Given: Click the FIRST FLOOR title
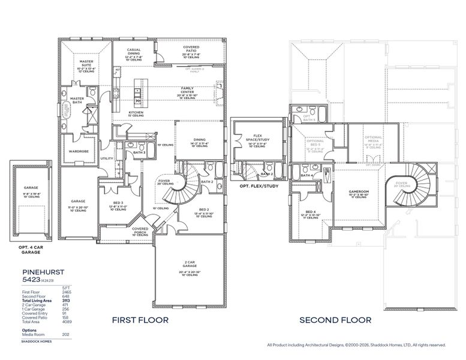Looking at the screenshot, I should click(140, 320).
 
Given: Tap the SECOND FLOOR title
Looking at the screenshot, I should click(335, 320).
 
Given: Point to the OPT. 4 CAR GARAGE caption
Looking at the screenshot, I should click(32, 250).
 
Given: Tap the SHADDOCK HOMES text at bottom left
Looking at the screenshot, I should click(37, 341).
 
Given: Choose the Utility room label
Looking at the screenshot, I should click(107, 158).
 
